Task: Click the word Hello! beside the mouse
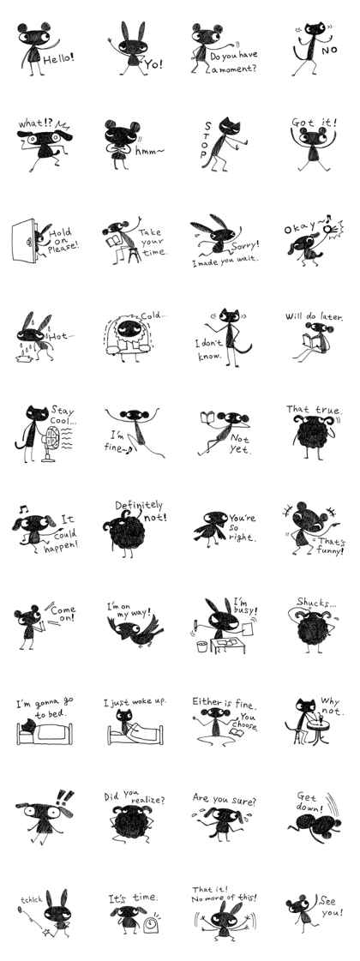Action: pos(58,58)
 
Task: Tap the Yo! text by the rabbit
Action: pos(153,63)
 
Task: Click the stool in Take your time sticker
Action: pos(133,254)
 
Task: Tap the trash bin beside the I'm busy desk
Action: pos(202,646)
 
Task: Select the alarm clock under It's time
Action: pos(151,923)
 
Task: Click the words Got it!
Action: pos(314,122)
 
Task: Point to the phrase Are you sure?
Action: pos(224,801)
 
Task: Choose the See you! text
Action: pos(331,906)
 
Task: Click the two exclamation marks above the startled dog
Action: pos(64,797)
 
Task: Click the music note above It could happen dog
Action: pos(22,508)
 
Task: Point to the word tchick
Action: pos(31,900)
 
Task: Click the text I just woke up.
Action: pos(135,701)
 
